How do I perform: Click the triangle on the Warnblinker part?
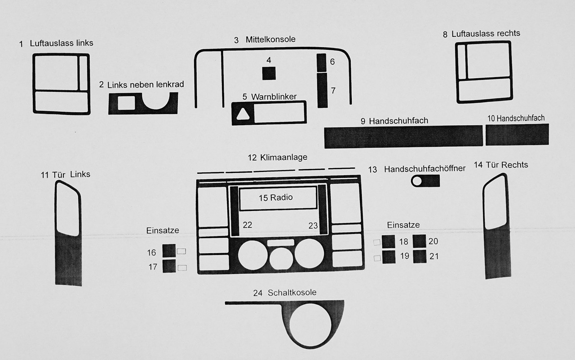point(243,115)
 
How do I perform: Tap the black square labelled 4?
point(269,73)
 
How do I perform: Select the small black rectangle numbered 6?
point(322,62)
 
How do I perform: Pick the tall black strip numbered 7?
point(322,91)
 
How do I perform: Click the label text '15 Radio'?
point(275,198)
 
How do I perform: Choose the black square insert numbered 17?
point(169,266)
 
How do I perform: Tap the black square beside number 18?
point(389,241)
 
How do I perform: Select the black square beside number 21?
point(420,257)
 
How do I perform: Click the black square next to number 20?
point(420,241)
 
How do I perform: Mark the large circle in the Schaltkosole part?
point(311,328)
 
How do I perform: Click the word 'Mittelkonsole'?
point(270,40)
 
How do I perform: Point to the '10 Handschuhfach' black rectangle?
point(517,134)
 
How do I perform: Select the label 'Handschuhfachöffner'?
point(425,169)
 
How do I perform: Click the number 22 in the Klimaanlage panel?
point(248,225)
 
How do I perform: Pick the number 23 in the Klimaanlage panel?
point(313,225)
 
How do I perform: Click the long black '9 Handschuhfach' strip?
point(403,136)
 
